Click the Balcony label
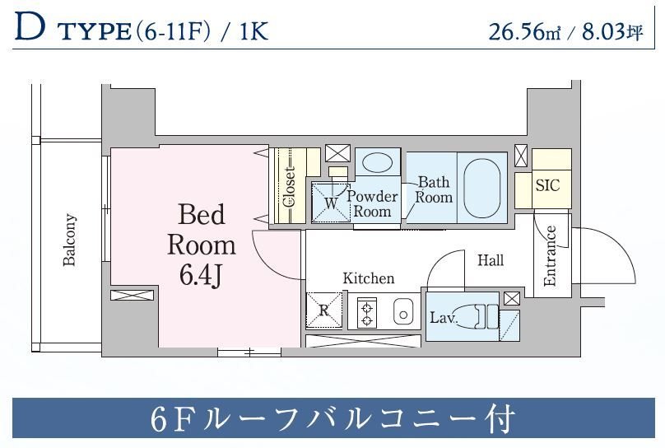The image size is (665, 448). click(70, 240)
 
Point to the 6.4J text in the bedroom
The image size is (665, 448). click(202, 274)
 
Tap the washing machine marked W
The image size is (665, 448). click(330, 202)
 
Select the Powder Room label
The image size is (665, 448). click(372, 203)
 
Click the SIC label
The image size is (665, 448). click(547, 185)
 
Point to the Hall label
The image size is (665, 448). click(491, 260)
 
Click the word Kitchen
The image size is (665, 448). click(368, 278)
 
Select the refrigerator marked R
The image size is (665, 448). click(323, 311)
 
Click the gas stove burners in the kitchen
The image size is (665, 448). click(366, 313)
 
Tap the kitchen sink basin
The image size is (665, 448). click(402, 312)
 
